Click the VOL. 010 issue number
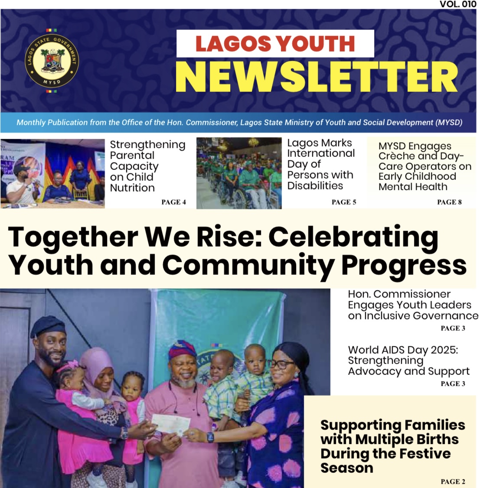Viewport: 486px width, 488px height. [458, 4]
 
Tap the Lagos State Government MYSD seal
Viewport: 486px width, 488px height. [52, 60]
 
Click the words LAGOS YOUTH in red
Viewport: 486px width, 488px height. [275, 43]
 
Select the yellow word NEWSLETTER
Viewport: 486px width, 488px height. [316, 77]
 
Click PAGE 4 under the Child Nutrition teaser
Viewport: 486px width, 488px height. [173, 202]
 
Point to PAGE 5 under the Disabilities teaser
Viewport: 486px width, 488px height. [344, 202]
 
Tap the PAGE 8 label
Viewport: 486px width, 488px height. [449, 202]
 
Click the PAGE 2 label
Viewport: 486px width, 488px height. [453, 481]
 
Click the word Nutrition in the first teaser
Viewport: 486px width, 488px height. [132, 188]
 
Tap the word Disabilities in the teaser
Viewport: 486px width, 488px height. [315, 186]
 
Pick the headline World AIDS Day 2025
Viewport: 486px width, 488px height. [403, 350]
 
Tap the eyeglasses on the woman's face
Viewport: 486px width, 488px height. [281, 364]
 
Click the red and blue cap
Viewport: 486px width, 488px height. [182, 349]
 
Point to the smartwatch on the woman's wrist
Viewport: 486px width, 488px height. [210, 437]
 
